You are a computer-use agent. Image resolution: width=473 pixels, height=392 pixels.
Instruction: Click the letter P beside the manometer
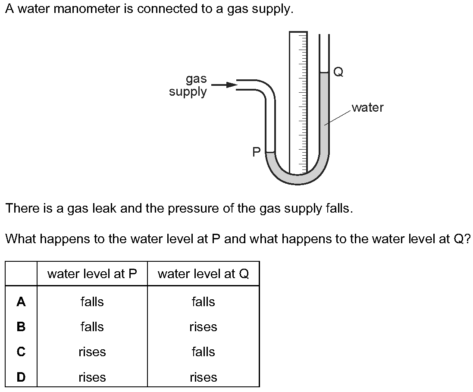(x=257, y=152)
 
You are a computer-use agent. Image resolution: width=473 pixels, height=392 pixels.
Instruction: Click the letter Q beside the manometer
(x=338, y=72)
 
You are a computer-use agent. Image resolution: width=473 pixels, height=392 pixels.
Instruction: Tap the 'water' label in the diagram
(x=367, y=107)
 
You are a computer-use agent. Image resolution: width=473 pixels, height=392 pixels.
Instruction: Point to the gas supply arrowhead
(x=232, y=85)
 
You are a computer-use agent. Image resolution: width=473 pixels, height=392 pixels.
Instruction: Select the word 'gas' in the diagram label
(x=196, y=79)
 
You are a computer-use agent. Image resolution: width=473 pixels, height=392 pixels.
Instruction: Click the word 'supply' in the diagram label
(x=188, y=92)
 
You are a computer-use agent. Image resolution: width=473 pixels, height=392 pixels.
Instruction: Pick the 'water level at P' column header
(x=92, y=274)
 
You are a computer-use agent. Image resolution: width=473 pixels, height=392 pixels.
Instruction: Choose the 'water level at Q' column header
(x=203, y=274)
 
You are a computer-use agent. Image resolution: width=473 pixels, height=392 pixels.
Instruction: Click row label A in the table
(x=21, y=302)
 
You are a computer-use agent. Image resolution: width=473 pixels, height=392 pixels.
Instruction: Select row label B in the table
(x=21, y=327)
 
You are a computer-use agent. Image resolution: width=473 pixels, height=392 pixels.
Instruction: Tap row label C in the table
(x=21, y=352)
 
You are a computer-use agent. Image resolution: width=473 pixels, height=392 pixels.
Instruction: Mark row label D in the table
(x=21, y=377)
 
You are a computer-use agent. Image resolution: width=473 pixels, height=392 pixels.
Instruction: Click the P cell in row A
(x=92, y=302)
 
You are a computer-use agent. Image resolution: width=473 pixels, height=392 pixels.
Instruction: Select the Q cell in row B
(x=203, y=327)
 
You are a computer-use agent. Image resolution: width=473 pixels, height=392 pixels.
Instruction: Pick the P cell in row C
(x=92, y=352)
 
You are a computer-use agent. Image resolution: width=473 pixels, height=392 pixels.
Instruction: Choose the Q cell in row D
(x=203, y=377)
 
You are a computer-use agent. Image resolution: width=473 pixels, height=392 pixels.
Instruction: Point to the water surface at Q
(x=324, y=73)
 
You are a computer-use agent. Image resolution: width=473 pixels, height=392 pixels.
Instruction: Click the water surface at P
(x=270, y=152)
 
